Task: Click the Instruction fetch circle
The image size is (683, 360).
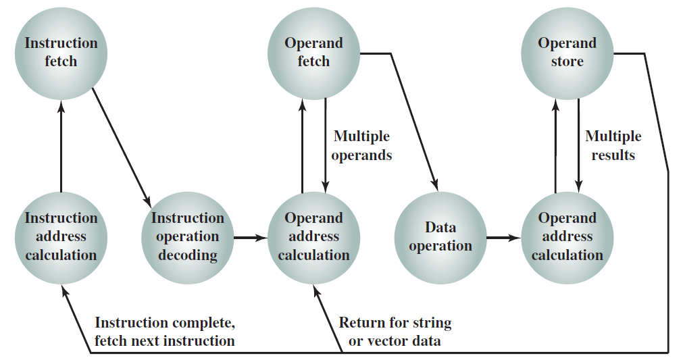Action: tap(61, 53)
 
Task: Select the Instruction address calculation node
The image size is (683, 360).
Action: tap(61, 238)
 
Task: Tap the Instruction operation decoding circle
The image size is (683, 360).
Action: tap(188, 238)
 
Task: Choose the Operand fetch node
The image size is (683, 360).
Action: tap(313, 53)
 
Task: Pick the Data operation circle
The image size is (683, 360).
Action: tap(440, 238)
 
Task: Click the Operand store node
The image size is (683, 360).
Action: tap(567, 53)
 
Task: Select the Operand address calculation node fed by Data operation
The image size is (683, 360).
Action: tap(567, 238)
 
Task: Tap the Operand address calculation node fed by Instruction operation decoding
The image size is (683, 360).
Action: tap(313, 238)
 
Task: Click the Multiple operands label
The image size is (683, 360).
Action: tap(361, 146)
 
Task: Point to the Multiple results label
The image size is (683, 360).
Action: tap(613, 146)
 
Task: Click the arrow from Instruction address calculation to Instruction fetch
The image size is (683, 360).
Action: tap(61, 146)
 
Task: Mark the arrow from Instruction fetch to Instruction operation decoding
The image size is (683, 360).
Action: tap(122, 148)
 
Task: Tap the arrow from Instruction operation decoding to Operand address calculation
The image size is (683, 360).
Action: tap(251, 238)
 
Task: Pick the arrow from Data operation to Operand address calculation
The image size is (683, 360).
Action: tap(503, 238)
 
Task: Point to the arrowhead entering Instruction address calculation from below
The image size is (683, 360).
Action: tap(65, 291)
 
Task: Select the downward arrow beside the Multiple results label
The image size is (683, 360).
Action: tap(578, 145)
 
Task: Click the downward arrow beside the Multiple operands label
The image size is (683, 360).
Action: tap(326, 145)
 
